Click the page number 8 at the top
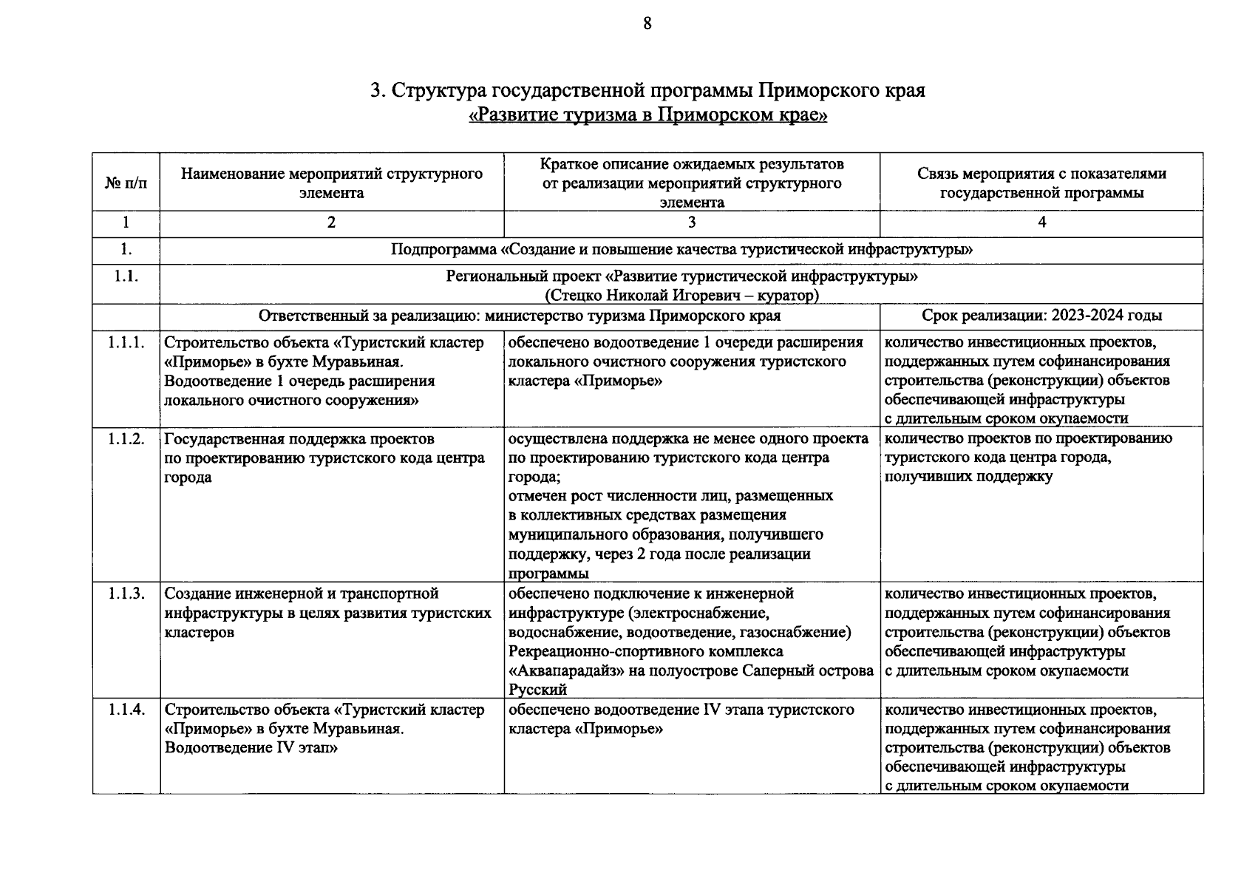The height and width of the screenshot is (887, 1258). click(x=647, y=24)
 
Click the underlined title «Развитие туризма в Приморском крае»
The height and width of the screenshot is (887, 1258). click(x=647, y=116)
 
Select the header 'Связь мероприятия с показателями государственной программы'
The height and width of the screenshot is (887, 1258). click(x=1041, y=183)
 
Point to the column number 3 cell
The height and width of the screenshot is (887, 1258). click(x=691, y=222)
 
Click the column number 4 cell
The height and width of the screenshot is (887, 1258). click(x=1041, y=222)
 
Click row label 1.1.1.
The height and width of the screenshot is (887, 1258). click(x=126, y=341)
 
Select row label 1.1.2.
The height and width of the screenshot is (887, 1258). click(x=126, y=438)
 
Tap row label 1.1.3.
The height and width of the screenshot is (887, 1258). click(x=126, y=594)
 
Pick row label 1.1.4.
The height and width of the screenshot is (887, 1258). click(x=126, y=710)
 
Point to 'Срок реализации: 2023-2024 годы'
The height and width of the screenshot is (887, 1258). click(x=1041, y=316)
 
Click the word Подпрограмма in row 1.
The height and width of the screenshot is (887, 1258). click(x=443, y=250)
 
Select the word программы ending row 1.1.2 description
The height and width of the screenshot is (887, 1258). click(x=548, y=574)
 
